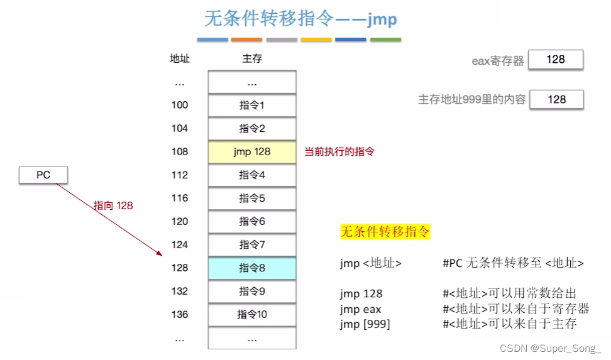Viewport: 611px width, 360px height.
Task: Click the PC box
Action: [43, 175]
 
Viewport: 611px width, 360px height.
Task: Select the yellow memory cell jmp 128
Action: [252, 151]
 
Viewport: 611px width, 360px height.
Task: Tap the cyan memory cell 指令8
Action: [252, 268]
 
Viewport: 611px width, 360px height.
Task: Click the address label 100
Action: [180, 105]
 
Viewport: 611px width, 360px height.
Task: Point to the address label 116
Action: [180, 198]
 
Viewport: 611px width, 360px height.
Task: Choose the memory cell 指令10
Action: [252, 314]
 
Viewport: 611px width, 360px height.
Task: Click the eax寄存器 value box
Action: [556, 60]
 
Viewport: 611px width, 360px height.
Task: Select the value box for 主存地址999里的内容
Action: [556, 99]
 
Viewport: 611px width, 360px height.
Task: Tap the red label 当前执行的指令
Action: [339, 151]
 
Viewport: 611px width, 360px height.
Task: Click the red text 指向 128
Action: [113, 205]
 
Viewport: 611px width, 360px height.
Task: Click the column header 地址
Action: [180, 59]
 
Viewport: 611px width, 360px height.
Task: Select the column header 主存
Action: [252, 59]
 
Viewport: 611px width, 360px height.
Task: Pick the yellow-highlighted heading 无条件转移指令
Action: [385, 232]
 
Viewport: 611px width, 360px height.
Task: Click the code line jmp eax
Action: [361, 309]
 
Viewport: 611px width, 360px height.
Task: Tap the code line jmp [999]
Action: [365, 324]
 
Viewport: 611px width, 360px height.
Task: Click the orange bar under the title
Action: [246, 40]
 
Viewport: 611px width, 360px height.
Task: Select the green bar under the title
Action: [385, 40]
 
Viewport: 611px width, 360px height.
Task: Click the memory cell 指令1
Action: [252, 105]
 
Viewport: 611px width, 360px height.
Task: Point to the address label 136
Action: [180, 314]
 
